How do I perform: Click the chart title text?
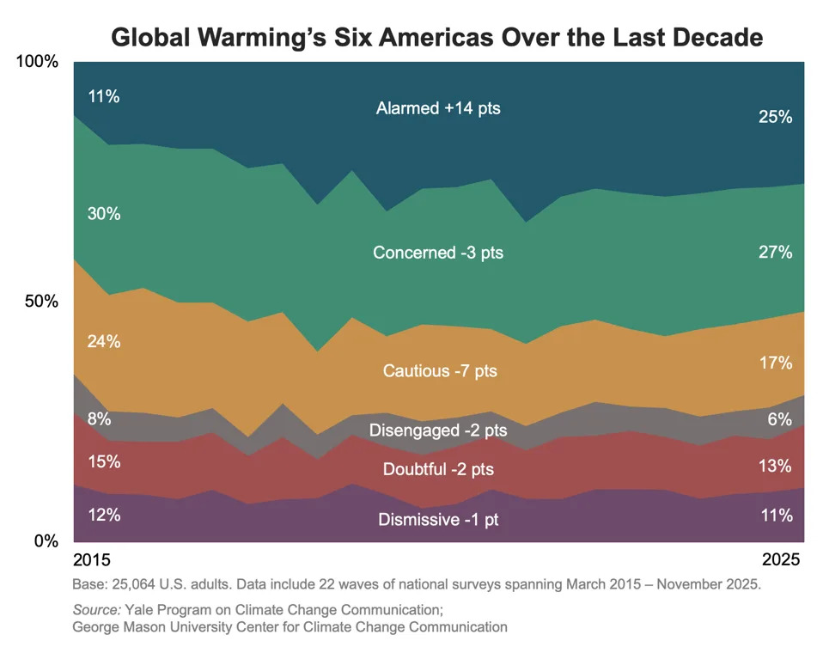pyautogui.click(x=437, y=38)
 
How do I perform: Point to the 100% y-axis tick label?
pyautogui.click(x=38, y=62)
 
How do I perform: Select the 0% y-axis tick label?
pyautogui.click(x=45, y=541)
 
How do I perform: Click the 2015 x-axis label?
pyautogui.click(x=92, y=560)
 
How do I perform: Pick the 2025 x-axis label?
pyautogui.click(x=782, y=560)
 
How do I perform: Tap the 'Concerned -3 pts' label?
pyautogui.click(x=438, y=253)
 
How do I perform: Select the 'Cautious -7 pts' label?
pyautogui.click(x=440, y=371)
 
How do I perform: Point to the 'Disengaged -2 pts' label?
pyautogui.click(x=438, y=430)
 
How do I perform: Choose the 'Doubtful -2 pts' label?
pyautogui.click(x=438, y=469)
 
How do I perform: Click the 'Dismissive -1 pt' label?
pyautogui.click(x=438, y=520)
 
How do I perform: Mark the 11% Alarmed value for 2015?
pyautogui.click(x=103, y=96)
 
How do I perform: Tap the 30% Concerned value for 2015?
pyautogui.click(x=103, y=214)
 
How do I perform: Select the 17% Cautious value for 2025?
pyautogui.click(x=775, y=363)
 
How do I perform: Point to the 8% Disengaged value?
pyautogui.click(x=99, y=420)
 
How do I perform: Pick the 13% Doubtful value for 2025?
pyautogui.click(x=775, y=467)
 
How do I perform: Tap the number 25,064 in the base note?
pyautogui.click(x=129, y=584)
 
